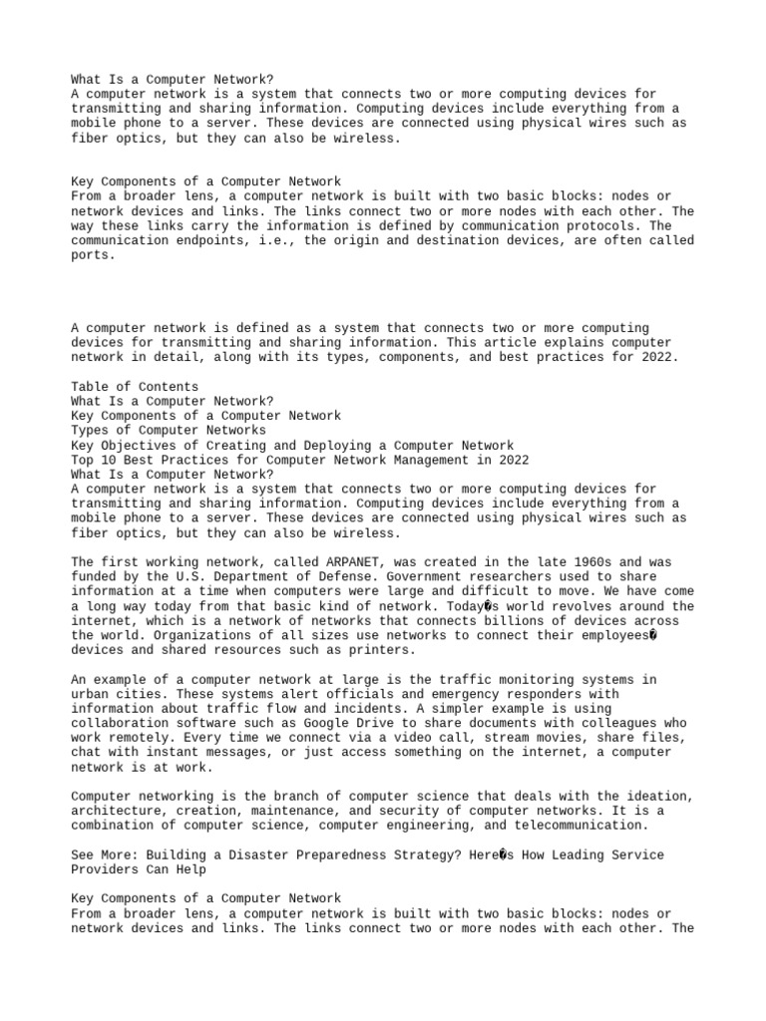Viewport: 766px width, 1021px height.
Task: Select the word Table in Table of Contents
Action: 90,386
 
